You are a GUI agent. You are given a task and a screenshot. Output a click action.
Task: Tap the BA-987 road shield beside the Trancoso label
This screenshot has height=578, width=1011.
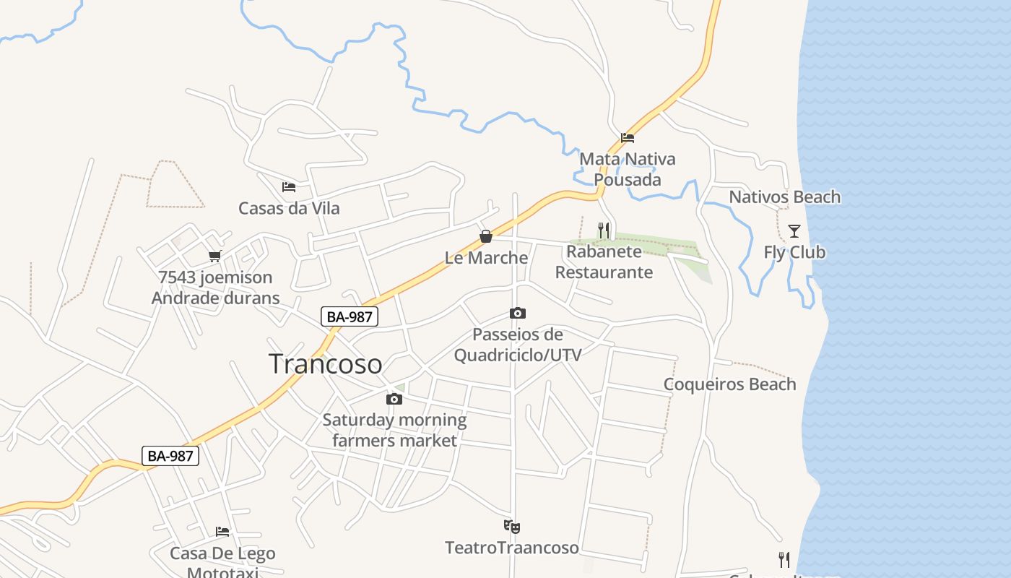(350, 316)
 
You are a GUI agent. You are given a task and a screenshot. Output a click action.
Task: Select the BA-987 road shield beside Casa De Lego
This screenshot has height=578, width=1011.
(170, 456)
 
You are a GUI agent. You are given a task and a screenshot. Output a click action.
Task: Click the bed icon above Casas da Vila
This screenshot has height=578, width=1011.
(289, 187)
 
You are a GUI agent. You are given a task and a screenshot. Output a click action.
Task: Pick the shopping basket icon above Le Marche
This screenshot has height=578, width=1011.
(486, 236)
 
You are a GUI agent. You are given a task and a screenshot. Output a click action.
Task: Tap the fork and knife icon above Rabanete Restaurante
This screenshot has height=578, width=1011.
(604, 230)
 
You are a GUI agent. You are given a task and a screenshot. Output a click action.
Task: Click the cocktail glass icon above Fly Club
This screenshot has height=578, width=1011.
(794, 231)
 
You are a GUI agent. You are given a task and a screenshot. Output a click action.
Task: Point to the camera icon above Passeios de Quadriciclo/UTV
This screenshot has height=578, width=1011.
(517, 313)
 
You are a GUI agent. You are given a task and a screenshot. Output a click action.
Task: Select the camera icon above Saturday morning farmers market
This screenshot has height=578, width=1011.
(394, 399)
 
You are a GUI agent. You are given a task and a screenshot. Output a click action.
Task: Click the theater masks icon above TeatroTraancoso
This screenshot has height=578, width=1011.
(512, 527)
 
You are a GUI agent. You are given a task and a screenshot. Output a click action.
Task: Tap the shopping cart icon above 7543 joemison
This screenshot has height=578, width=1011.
(214, 256)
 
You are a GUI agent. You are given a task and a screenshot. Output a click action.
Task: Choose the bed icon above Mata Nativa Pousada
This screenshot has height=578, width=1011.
(628, 138)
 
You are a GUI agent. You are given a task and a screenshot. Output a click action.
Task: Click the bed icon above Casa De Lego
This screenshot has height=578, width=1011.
(222, 532)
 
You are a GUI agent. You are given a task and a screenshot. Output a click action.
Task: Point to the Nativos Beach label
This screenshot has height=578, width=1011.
(784, 197)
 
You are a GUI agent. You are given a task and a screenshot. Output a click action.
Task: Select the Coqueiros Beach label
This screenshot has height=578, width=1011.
(729, 384)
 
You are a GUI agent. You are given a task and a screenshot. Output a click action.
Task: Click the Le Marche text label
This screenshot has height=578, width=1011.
(486, 257)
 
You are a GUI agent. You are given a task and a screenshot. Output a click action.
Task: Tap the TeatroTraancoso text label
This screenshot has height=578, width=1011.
(512, 548)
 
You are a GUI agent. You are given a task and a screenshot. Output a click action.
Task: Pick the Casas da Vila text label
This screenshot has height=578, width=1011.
(289, 208)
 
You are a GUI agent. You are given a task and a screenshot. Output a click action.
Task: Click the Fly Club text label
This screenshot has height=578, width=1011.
(794, 252)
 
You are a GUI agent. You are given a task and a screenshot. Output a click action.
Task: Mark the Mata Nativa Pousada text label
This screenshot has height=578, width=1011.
(628, 169)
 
